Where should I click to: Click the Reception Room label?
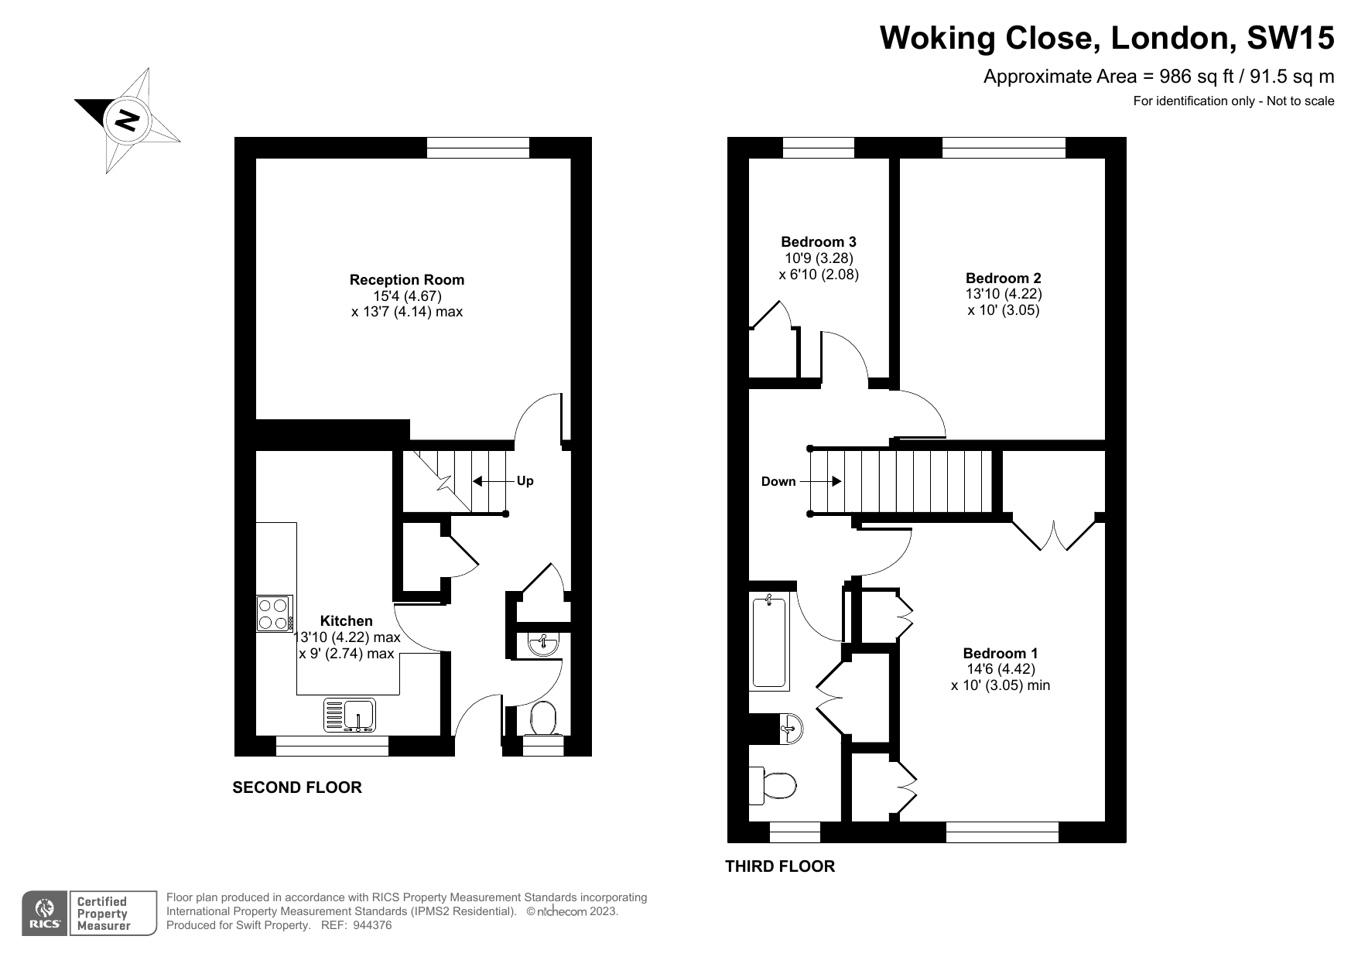(x=407, y=280)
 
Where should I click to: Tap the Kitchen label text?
(x=347, y=621)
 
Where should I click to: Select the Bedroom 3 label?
(x=819, y=242)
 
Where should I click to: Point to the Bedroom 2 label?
(x=1004, y=278)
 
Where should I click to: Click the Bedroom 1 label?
(x=1001, y=654)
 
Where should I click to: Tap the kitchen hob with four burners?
(x=275, y=614)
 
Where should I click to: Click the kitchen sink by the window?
(x=350, y=715)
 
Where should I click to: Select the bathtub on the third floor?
(x=769, y=641)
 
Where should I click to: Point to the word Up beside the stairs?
(x=525, y=481)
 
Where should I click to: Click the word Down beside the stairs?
(x=778, y=482)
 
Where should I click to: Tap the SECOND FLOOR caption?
(x=297, y=787)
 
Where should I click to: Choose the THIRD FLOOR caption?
(x=780, y=866)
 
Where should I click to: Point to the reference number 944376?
(x=372, y=925)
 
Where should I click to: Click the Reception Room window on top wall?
(x=478, y=148)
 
